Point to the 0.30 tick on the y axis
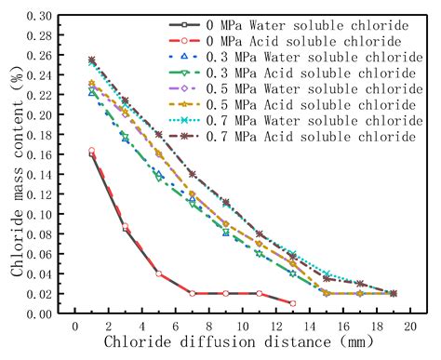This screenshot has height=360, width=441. pyautogui.click(x=43, y=15)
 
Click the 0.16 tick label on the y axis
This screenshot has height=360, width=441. pyautogui.click(x=43, y=154)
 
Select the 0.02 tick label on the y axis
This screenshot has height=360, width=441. pyautogui.click(x=43, y=294)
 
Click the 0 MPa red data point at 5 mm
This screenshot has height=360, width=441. pyautogui.click(x=159, y=273)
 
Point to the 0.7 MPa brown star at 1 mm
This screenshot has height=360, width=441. pyautogui.click(x=91, y=60)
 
